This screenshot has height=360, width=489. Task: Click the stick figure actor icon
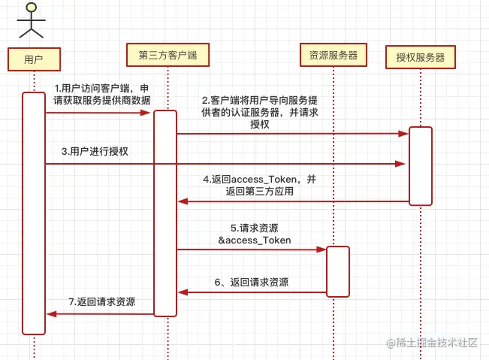pyautogui.click(x=31, y=20)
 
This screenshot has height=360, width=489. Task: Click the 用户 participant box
pyautogui.click(x=33, y=59)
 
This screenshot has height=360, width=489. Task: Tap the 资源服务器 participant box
pyautogui.click(x=333, y=55)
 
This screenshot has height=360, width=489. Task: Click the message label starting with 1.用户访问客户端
pyautogui.click(x=101, y=94)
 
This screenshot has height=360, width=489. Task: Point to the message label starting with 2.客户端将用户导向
pyautogui.click(x=259, y=112)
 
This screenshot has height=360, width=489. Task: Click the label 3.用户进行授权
pyautogui.click(x=95, y=151)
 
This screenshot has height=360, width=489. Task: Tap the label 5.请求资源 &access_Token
pyautogui.click(x=254, y=234)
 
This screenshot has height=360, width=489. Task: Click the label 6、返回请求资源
pyautogui.click(x=251, y=283)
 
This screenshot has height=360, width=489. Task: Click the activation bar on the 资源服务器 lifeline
pyautogui.click(x=338, y=271)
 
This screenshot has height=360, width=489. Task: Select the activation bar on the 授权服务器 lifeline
pyautogui.click(x=421, y=165)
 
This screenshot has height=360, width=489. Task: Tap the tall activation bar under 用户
pyautogui.click(x=34, y=213)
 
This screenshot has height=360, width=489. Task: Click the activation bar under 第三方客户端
pyautogui.click(x=165, y=213)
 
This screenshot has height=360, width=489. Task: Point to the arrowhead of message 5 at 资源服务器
pyautogui.click(x=322, y=250)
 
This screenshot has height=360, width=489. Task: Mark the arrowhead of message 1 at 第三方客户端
pyautogui.click(x=149, y=113)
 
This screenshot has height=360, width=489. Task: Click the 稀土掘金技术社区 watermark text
pyautogui.click(x=431, y=343)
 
